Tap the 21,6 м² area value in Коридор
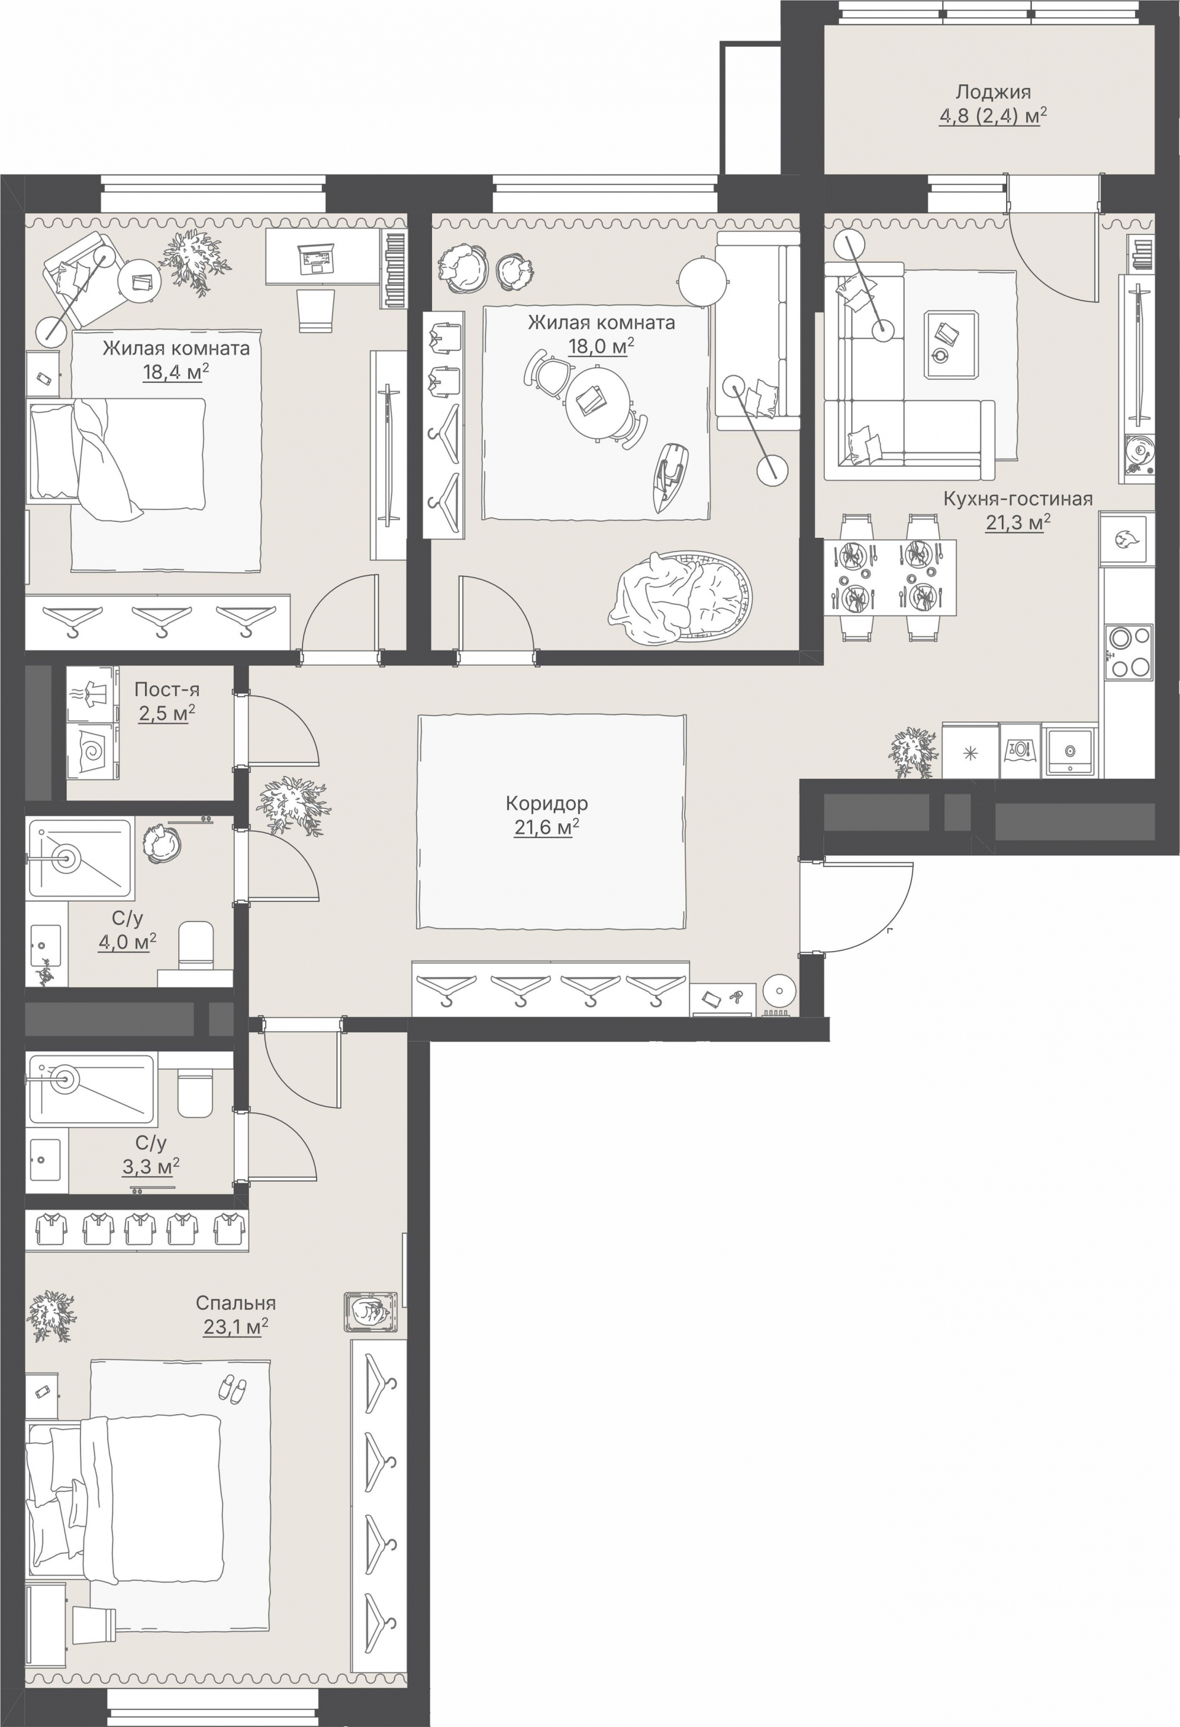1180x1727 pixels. (x=546, y=827)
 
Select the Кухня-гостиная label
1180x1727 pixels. (x=1018, y=499)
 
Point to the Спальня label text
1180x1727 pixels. (x=235, y=1303)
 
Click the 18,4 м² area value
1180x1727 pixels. (x=175, y=371)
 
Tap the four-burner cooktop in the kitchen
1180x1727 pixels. (x=1129, y=652)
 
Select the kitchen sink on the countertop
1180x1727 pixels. (x=1070, y=751)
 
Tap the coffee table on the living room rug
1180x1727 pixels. (x=951, y=345)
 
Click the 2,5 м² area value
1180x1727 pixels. (x=167, y=713)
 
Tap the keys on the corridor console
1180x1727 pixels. (x=736, y=997)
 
